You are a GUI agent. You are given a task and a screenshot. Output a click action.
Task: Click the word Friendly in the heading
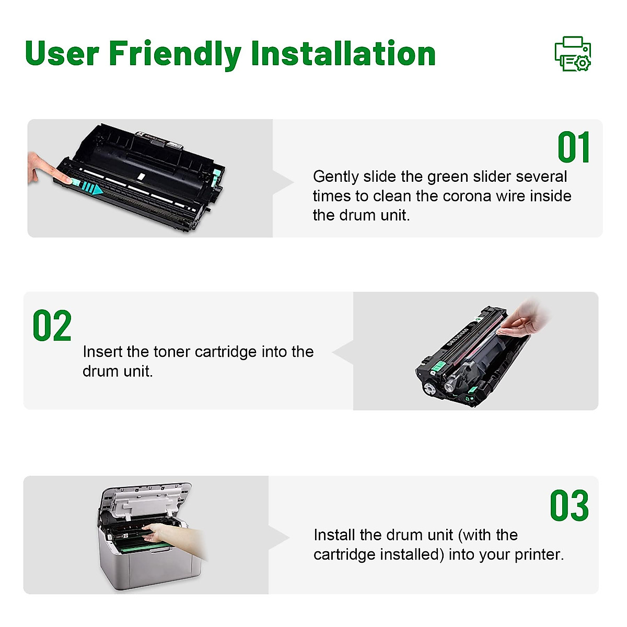pyautogui.click(x=175, y=54)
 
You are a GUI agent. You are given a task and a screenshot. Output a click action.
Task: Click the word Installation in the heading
pyautogui.click(x=343, y=54)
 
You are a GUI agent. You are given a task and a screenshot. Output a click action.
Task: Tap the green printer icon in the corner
pyautogui.click(x=573, y=54)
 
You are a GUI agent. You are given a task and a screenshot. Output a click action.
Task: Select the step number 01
pyautogui.click(x=574, y=148)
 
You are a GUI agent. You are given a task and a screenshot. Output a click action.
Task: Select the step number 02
pyautogui.click(x=52, y=326)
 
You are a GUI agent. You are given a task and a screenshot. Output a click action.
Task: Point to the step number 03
pyautogui.click(x=569, y=506)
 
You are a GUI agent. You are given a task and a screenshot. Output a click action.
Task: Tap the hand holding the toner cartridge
pyautogui.click(x=525, y=320)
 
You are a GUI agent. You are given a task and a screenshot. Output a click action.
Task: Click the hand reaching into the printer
pyautogui.click(x=170, y=533)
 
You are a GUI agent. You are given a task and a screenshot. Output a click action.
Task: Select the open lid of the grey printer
pyautogui.click(x=146, y=502)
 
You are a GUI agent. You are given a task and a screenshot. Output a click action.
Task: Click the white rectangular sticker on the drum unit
pyautogui.click(x=140, y=176)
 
